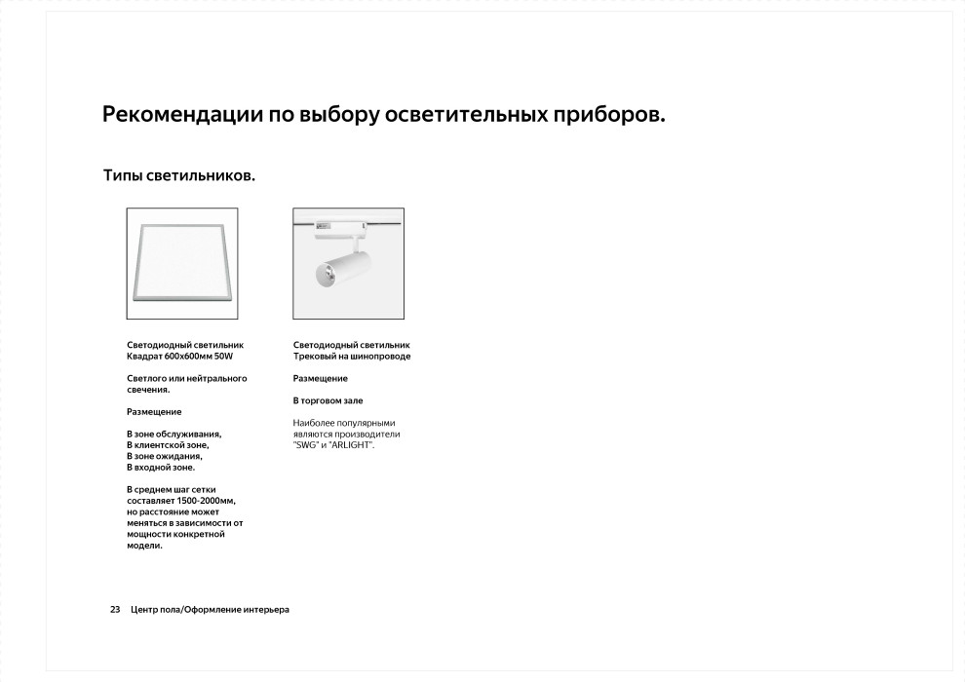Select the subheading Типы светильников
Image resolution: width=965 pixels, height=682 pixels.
coord(179,176)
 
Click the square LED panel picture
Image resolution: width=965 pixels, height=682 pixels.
coord(182,264)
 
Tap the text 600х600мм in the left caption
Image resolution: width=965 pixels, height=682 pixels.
coord(186,357)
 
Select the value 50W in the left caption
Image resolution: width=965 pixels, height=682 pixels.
coord(223,357)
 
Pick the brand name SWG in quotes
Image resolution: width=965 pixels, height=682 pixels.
coord(305,445)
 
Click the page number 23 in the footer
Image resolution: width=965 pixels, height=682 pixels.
coord(115,610)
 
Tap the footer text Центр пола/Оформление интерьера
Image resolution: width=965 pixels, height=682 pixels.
coord(210,610)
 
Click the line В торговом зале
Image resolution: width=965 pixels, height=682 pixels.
coord(328,400)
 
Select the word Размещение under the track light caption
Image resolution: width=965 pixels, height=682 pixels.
coord(320,378)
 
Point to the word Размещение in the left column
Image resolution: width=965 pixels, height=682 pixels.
coord(154,412)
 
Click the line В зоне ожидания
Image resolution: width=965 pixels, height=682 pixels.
coord(164,456)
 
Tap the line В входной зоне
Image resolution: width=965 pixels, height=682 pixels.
coord(161,468)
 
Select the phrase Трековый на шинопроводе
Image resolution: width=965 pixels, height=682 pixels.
coord(352,357)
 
